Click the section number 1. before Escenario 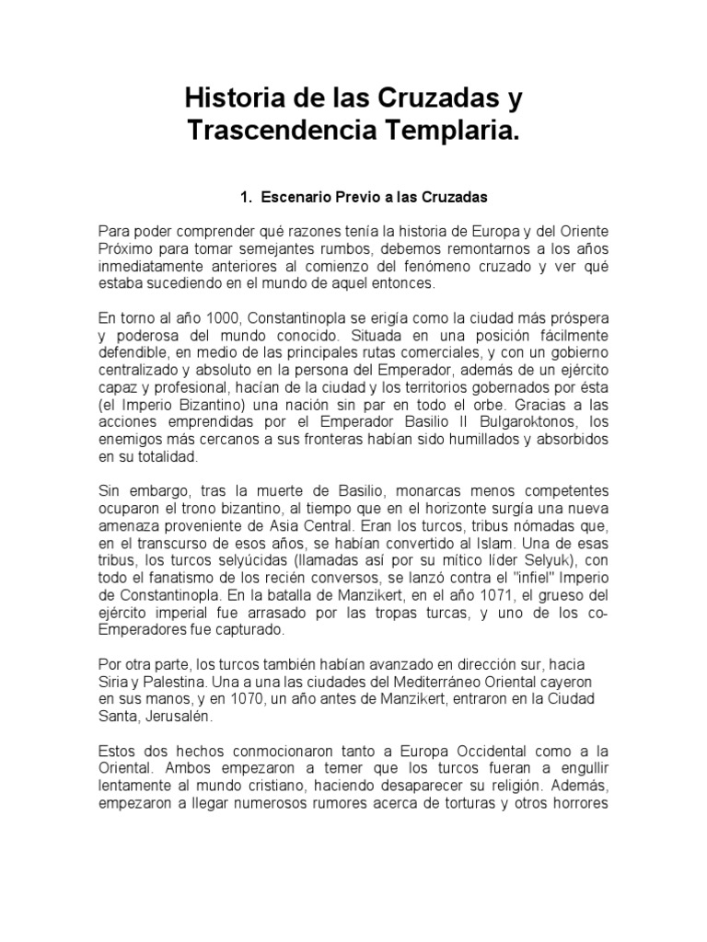(246, 197)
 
